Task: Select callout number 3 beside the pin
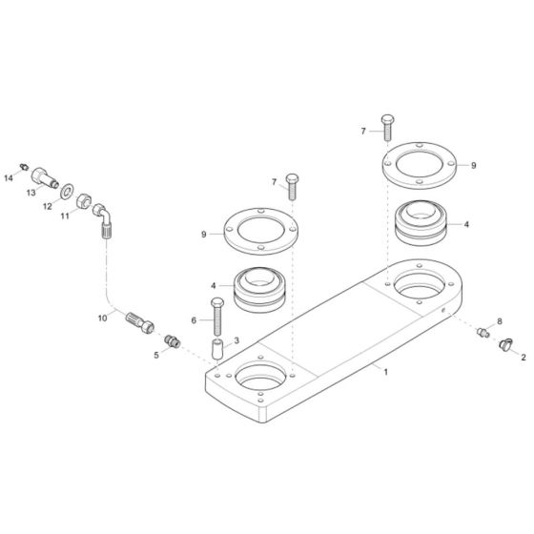(237, 340)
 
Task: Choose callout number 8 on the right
(499, 322)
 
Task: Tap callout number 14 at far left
(10, 177)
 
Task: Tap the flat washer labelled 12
(68, 193)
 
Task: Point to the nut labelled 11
(85, 201)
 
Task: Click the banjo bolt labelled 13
(47, 177)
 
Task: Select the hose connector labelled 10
(140, 319)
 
